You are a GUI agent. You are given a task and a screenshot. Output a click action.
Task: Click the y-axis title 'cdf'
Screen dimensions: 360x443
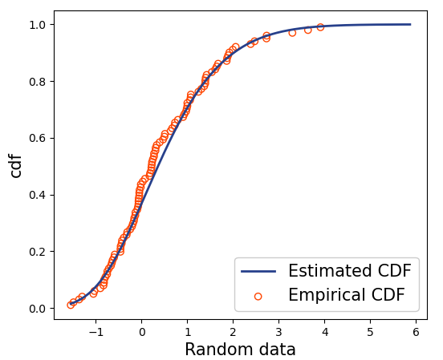click(16, 164)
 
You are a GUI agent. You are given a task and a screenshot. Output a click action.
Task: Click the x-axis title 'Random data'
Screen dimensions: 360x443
click(240, 350)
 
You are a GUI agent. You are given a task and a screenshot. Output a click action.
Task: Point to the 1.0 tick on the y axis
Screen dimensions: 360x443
click(38, 25)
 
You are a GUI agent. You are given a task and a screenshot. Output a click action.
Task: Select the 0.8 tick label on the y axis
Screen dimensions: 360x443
click(38, 82)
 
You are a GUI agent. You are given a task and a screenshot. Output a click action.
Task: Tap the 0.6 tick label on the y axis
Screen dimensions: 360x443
click(38, 138)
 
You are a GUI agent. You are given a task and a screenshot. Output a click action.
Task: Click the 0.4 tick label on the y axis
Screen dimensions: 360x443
click(38, 195)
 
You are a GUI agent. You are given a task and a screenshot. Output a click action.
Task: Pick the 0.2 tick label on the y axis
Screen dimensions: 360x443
click(38, 252)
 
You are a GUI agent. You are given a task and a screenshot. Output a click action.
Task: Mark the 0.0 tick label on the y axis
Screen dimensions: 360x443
click(38, 309)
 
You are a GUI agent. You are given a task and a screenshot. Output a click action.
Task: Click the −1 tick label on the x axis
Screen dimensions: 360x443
click(95, 330)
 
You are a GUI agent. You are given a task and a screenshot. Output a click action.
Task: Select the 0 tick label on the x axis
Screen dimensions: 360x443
click(141, 330)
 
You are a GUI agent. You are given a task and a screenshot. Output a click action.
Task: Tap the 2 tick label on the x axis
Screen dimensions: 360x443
click(233, 330)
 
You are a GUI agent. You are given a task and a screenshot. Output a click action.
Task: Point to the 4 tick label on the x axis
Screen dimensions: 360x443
click(324, 330)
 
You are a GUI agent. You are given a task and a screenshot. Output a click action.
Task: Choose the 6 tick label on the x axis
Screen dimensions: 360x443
click(416, 330)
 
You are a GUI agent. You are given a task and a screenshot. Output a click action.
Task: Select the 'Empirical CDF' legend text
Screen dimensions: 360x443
click(352, 296)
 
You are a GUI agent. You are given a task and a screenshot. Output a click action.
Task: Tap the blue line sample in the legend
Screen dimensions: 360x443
click(258, 271)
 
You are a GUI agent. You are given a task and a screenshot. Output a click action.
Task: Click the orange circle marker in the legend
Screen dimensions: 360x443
click(258, 296)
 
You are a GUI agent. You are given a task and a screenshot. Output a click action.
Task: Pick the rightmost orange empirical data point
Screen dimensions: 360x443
click(320, 27)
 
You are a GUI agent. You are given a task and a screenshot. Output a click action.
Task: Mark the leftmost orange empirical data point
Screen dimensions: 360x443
click(71, 305)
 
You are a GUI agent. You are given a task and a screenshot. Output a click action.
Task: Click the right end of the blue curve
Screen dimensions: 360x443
click(410, 24)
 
